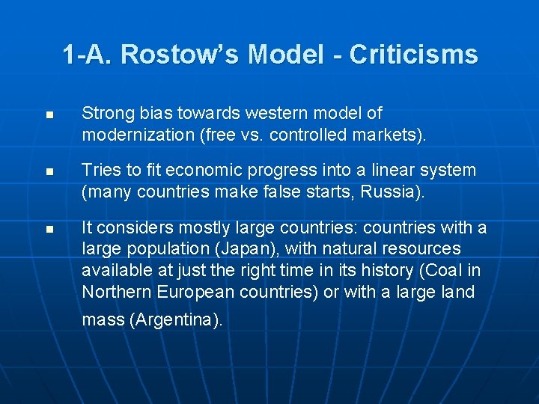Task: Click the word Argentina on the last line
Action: pos(177,320)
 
